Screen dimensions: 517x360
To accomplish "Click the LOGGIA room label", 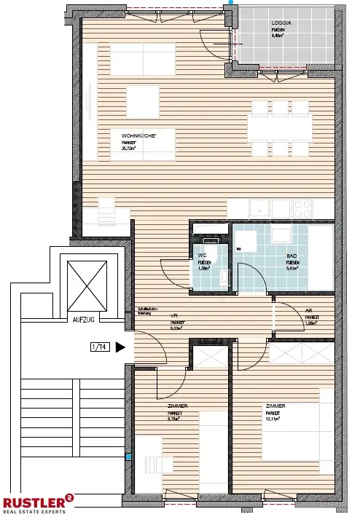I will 279,23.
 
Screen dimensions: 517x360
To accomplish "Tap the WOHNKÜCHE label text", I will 137,135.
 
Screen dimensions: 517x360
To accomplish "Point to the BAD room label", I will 291,256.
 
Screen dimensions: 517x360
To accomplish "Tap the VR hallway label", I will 175,315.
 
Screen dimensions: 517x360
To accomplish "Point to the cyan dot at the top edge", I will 232,3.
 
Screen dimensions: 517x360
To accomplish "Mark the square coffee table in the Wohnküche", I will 142,97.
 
